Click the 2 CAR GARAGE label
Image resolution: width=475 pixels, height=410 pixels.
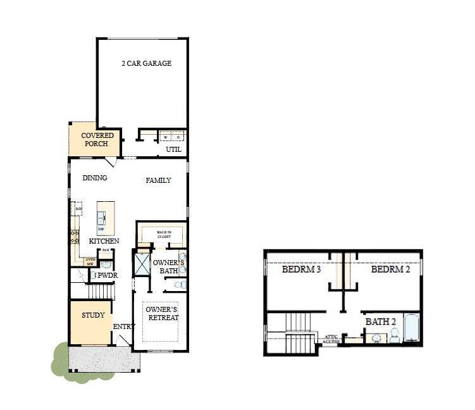point(147,63)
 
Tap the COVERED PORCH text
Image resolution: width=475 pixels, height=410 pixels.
point(97,139)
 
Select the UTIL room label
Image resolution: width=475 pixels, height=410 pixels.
point(173,149)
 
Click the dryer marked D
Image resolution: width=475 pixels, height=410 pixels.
point(178,137)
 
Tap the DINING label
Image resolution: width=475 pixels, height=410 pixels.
point(95,178)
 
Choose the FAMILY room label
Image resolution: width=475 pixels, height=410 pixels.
point(158,180)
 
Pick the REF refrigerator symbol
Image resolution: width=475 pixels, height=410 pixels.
point(79,209)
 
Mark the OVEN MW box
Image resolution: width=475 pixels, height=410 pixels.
point(90,260)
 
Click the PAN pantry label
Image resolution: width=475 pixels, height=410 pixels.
point(106,251)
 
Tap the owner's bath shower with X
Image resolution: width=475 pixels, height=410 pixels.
point(141,264)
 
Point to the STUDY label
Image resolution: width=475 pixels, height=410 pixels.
point(93,316)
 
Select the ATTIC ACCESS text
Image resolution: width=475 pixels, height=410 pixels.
point(331,339)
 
